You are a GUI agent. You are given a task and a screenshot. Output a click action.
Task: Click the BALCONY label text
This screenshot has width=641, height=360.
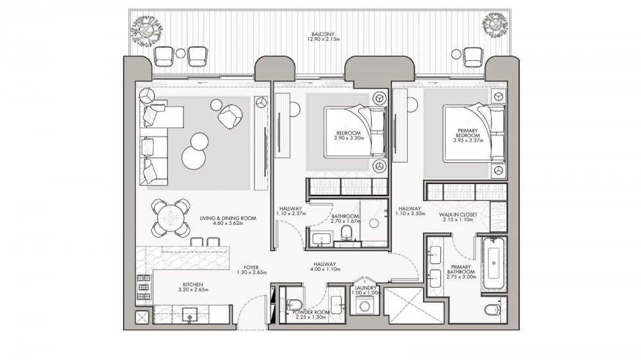(x=323, y=35)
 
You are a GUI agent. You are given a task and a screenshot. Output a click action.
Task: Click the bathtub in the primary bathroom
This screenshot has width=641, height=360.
(x=494, y=263)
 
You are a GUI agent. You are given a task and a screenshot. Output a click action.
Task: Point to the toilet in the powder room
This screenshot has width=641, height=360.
(x=295, y=304)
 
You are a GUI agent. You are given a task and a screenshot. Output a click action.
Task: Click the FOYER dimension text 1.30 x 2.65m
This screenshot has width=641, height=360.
(x=251, y=272)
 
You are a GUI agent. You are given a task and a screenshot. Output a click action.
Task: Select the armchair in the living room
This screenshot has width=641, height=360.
(x=229, y=116)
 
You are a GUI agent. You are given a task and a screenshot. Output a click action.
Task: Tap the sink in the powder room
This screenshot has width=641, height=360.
(x=337, y=305)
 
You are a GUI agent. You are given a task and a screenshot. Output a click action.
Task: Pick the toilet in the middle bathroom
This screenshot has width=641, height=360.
(x=346, y=232)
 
